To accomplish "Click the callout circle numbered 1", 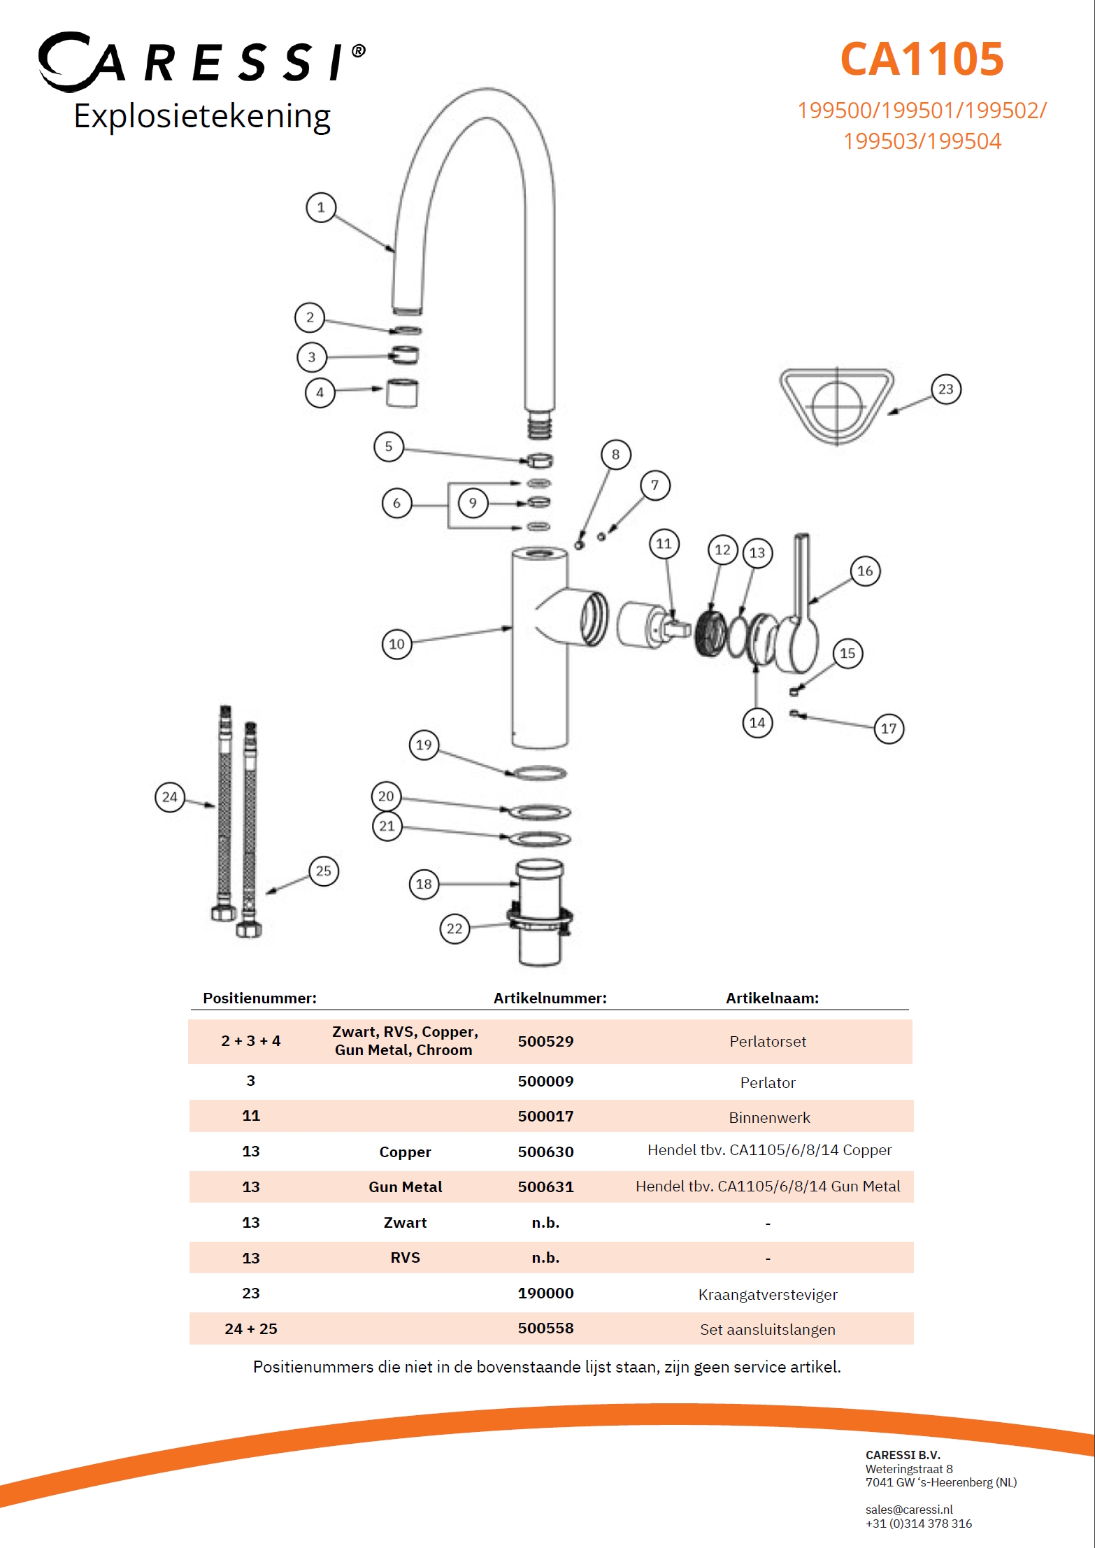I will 321,208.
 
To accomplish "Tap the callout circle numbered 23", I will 945,389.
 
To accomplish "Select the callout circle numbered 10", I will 396,644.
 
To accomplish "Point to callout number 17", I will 888,729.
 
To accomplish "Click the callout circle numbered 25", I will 323,871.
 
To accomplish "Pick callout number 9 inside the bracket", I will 473,503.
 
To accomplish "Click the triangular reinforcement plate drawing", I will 836,405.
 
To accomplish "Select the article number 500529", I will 545,1041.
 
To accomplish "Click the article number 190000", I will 545,1293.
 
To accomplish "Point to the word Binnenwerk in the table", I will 769,1117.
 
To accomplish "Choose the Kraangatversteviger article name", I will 768,1294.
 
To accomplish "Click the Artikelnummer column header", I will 550,998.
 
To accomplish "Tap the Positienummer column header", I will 259,998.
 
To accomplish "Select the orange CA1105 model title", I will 922,59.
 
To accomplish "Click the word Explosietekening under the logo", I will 202,116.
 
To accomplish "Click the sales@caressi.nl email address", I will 909,1510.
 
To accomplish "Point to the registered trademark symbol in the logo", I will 359,51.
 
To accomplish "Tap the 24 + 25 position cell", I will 251,1328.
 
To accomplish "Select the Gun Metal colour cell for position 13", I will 405,1187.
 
